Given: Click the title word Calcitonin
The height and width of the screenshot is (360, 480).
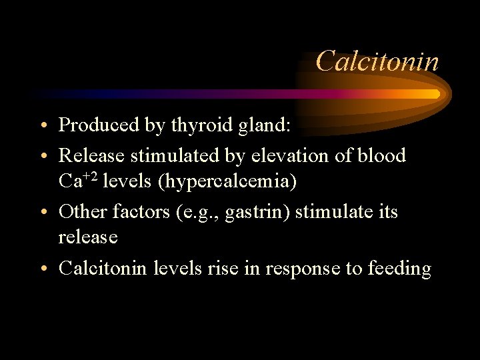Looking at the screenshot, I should [377, 61].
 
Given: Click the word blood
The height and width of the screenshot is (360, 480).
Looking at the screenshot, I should [381, 156].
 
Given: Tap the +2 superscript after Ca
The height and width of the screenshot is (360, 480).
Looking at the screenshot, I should [93, 175].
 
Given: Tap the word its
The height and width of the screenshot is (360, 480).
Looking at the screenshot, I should [387, 212].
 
